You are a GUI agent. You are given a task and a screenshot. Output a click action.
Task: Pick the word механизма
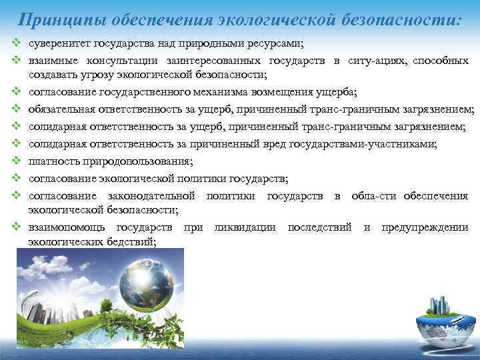[x=217, y=91]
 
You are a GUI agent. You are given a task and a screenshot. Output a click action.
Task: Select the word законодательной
[x=150, y=195]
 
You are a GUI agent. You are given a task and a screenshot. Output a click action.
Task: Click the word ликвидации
[x=245, y=227]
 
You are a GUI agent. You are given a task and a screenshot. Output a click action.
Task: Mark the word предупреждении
[x=424, y=227]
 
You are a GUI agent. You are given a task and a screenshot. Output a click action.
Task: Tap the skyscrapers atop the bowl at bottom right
[x=439, y=306]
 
